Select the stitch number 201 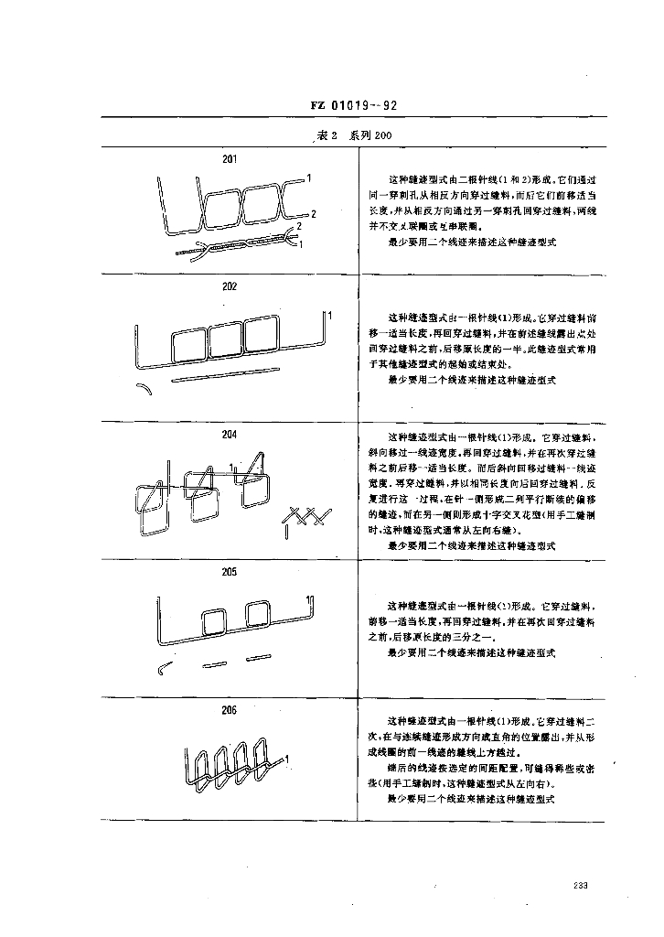(x=230, y=158)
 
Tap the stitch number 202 (x=230, y=285)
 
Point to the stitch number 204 (x=230, y=433)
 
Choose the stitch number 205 (x=230, y=572)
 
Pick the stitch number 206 (x=230, y=709)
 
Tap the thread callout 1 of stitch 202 (x=328, y=316)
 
